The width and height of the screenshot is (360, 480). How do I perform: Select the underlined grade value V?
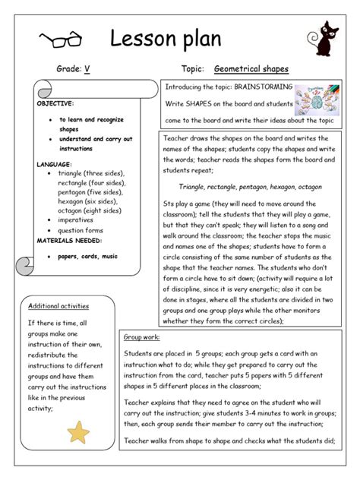coord(87,69)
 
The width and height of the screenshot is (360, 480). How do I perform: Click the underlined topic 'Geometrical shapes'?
coord(251,69)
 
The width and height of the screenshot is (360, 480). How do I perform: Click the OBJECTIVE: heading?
coord(55,103)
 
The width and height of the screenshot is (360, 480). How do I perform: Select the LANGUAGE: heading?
coord(54,164)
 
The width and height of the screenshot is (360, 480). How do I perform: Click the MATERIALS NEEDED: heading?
coord(70,240)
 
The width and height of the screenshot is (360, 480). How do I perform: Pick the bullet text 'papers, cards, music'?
coord(89,256)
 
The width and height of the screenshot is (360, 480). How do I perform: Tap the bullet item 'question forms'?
coord(85,230)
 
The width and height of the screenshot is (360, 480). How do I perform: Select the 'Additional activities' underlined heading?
coord(58,306)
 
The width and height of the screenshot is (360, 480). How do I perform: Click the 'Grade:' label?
coord(68,69)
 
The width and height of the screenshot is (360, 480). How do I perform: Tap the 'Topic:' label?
coord(194,69)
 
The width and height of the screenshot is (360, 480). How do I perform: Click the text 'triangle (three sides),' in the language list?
coord(91,173)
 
